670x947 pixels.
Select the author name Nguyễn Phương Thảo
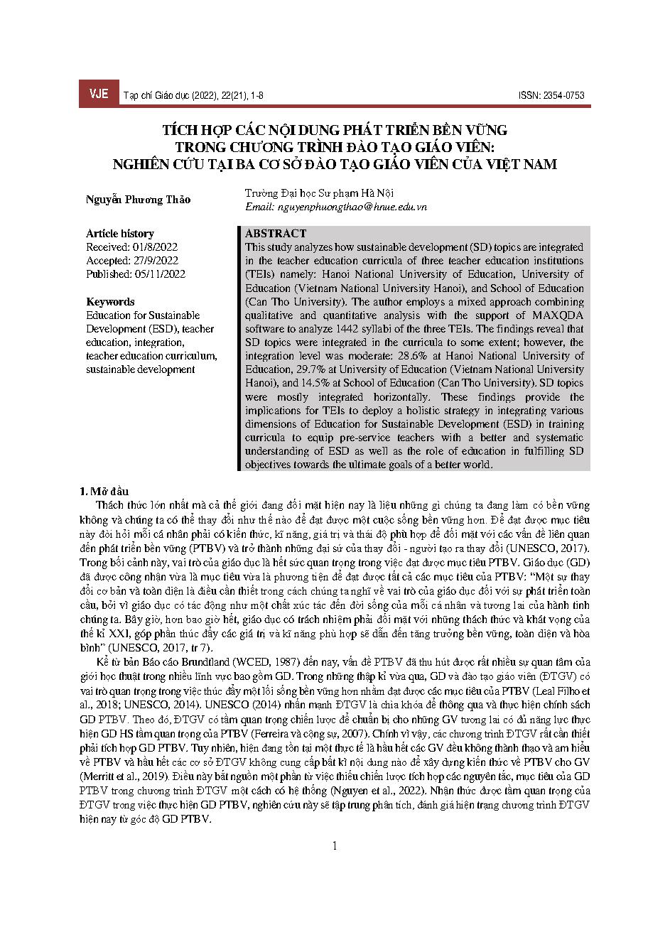click(x=138, y=200)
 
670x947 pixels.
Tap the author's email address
click(x=336, y=207)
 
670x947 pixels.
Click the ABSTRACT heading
click(x=276, y=233)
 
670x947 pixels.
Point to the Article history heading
click(x=119, y=233)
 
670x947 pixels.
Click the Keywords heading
click(x=110, y=301)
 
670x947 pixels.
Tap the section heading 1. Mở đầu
click(x=104, y=491)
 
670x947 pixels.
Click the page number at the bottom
click(x=335, y=845)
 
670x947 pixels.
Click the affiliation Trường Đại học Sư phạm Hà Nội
click(x=319, y=193)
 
